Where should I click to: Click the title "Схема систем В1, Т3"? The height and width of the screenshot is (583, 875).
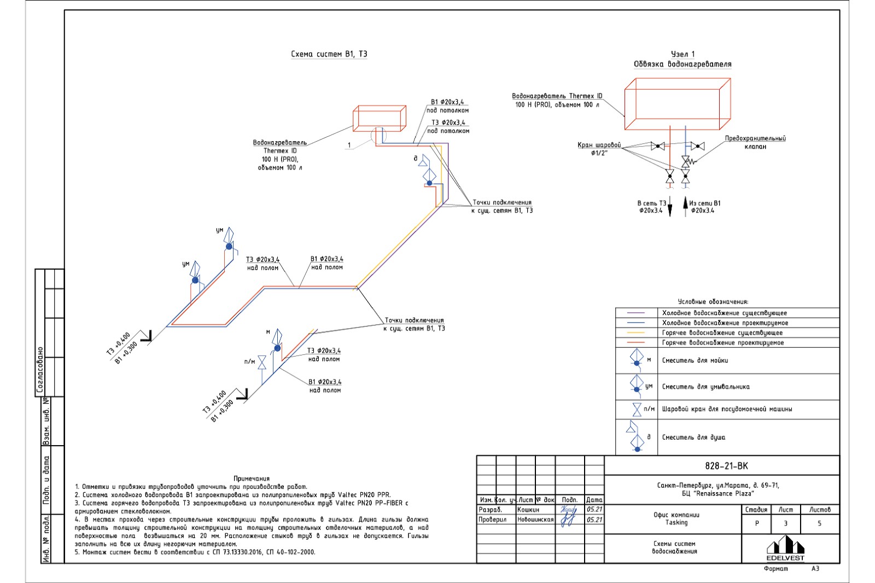pos(329,54)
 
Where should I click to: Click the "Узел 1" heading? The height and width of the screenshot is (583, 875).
pos(682,54)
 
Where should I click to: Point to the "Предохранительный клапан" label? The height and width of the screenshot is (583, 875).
pos(755,142)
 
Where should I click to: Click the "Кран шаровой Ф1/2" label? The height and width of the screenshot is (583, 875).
pos(599,149)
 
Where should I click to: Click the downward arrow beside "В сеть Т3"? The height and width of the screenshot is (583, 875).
pos(670,208)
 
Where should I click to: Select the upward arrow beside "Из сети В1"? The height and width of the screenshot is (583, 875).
pos(686,207)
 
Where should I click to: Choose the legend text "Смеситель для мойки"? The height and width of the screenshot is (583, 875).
pos(695,360)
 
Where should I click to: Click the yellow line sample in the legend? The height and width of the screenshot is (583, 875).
pos(635,333)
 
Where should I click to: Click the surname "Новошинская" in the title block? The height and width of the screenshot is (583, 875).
pos(535,520)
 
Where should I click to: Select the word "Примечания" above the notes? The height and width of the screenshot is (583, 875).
pos(252,479)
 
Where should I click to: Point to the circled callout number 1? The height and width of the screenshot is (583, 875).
pos(348,145)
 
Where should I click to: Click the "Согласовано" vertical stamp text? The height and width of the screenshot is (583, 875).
pos(40,370)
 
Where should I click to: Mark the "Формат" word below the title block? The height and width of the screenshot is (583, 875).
pos(775,569)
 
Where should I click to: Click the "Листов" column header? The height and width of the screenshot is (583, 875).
pos(820,510)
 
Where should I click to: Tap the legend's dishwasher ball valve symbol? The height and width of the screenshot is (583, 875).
pos(637,410)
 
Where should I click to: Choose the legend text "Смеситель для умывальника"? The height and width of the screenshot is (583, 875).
pos(705,387)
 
